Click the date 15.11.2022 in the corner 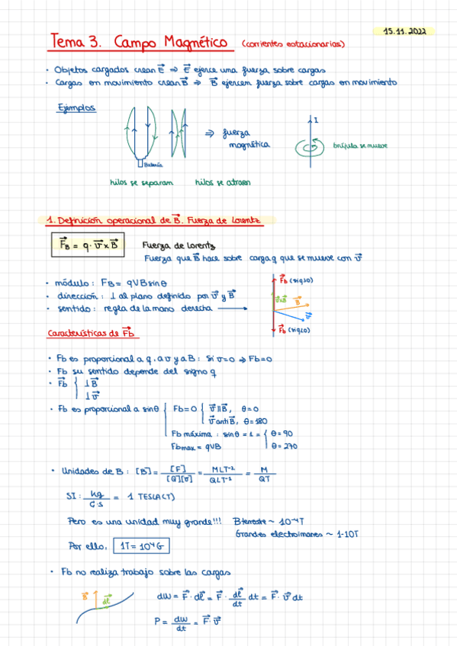(x=406, y=32)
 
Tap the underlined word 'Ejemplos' (x=76, y=108)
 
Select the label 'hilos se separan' (x=142, y=183)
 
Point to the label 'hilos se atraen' (x=223, y=183)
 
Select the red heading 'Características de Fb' (x=92, y=334)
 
